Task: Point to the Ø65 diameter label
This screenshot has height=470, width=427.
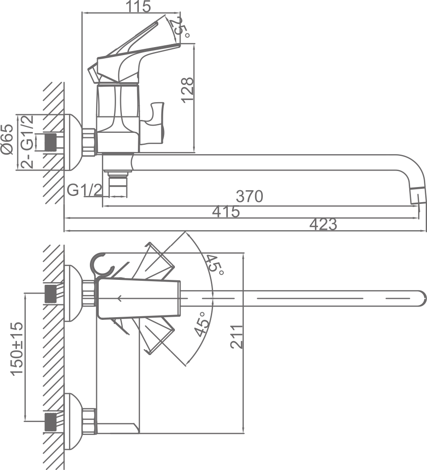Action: click(7, 139)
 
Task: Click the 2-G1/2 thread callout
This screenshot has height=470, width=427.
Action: click(28, 141)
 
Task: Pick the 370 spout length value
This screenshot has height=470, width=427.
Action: click(250, 196)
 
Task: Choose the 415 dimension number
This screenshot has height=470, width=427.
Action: click(226, 212)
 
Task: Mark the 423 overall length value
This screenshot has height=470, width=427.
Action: click(323, 225)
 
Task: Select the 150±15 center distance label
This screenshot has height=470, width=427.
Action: click(17, 349)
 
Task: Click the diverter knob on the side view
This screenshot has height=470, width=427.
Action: click(156, 117)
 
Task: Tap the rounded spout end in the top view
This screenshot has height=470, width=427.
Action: click(420, 298)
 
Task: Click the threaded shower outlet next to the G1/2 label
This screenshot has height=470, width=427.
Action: click(117, 183)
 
